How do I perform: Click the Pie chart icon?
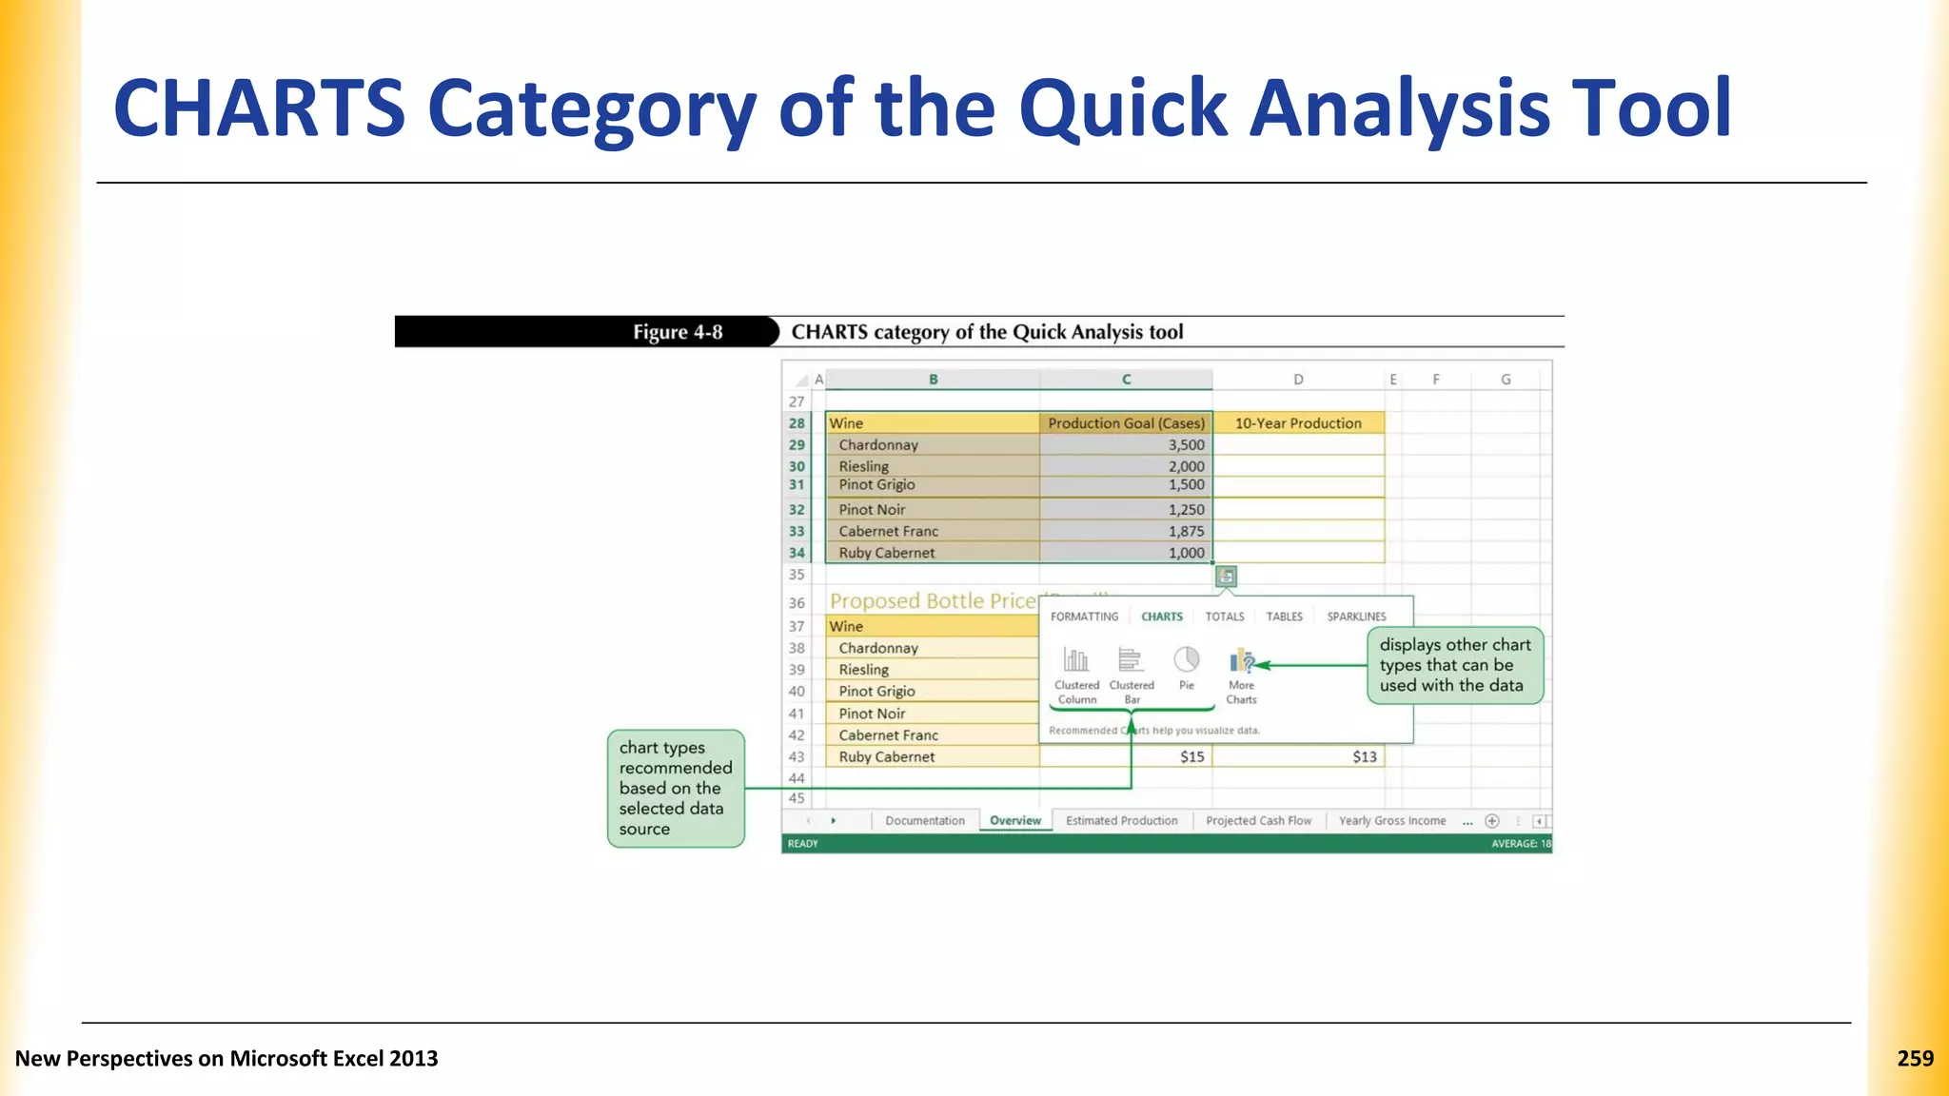coord(1186,660)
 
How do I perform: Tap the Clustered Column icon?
coord(1076,660)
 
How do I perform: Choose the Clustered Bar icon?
coord(1131,660)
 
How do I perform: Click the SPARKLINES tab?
coord(1356,616)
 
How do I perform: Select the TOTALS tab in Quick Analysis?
coord(1224,616)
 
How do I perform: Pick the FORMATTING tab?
coord(1084,616)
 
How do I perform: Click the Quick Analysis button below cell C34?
coord(1226,577)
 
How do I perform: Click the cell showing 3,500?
coord(1126,445)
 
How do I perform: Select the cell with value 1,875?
coord(1126,531)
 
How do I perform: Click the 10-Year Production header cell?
coord(1298,423)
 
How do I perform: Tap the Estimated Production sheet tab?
coord(1121,820)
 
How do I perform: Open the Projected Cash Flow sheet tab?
coord(1258,820)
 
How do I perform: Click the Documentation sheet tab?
coord(924,820)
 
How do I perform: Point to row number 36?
coord(797,603)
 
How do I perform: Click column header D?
coord(1298,380)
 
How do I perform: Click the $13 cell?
coord(1298,757)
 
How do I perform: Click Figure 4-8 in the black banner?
coord(678,332)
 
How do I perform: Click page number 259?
coord(1915,1058)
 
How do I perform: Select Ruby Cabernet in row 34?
coord(886,553)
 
